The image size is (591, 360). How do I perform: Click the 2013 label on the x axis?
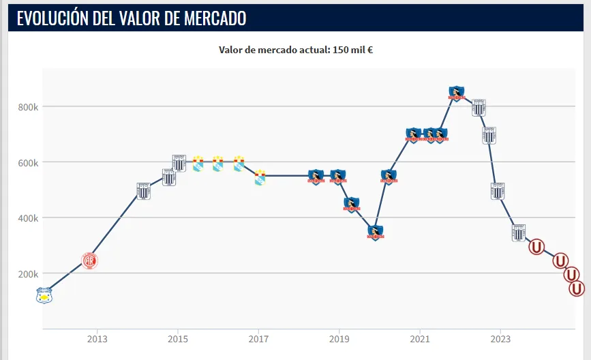97,339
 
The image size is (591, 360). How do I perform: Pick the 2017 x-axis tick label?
258,339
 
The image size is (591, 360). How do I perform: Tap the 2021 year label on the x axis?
419,339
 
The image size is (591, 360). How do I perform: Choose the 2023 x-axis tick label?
500,339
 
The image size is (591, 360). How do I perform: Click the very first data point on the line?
44,295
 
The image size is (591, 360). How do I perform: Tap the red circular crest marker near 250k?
89,260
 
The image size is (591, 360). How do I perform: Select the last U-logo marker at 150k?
577,288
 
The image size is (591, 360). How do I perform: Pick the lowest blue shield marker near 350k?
376,232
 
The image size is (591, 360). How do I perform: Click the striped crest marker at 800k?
479,107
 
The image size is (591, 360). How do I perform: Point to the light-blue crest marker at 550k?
260,177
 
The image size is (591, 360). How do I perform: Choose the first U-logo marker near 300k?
536,247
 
